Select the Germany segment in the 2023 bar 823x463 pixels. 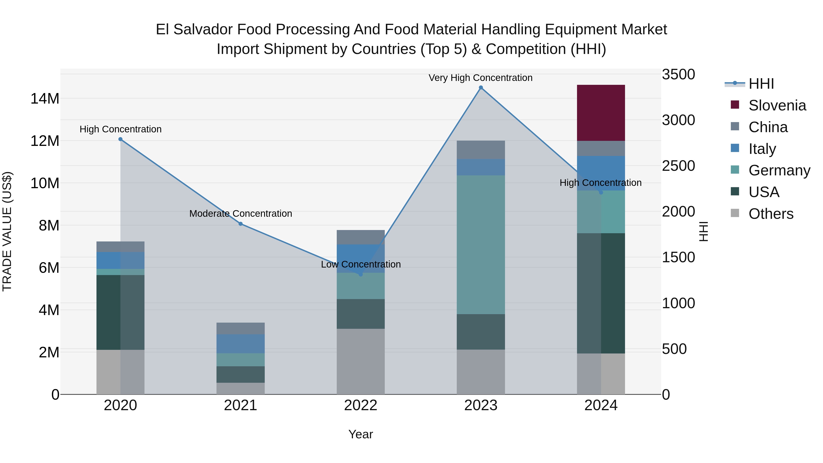click(x=481, y=244)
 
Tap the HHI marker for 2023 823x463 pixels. click(x=481, y=88)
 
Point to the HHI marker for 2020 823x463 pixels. click(x=120, y=139)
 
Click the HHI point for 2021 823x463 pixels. click(x=240, y=224)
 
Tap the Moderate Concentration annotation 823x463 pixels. click(x=240, y=214)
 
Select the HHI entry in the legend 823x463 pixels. click(x=761, y=84)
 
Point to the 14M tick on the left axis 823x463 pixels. click(x=45, y=98)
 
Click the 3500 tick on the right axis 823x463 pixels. click(x=678, y=75)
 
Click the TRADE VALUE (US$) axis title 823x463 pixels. click(x=7, y=231)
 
